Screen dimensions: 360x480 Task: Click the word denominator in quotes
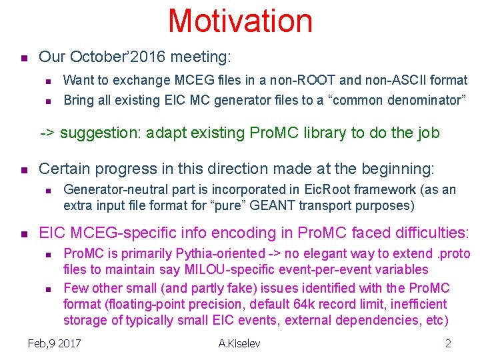[x=421, y=100]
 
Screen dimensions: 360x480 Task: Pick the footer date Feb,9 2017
[x=55, y=343]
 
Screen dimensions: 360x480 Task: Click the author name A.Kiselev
[x=239, y=343]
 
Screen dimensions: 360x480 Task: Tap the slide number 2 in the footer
[x=448, y=343]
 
